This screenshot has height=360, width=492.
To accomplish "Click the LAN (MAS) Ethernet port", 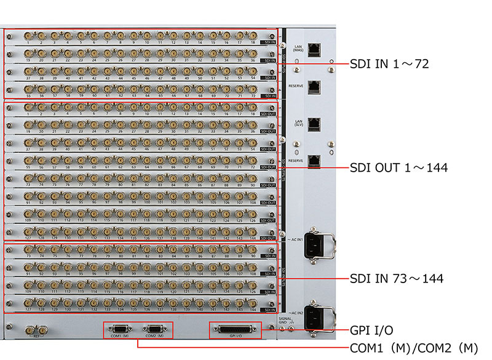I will tap(314, 48).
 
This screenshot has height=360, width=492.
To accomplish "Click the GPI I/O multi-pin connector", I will tap(236, 329).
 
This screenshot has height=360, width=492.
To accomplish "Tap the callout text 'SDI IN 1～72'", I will tap(389, 63).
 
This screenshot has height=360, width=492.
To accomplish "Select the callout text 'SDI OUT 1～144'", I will tap(399, 167).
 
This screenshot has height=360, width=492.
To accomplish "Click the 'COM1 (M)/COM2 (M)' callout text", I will tap(413, 348).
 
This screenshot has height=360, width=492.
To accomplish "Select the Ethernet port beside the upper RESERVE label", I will tap(314, 87).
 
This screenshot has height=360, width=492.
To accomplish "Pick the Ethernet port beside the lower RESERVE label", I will tap(314, 161).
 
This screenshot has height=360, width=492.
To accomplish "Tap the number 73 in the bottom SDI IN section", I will tap(28, 255).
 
